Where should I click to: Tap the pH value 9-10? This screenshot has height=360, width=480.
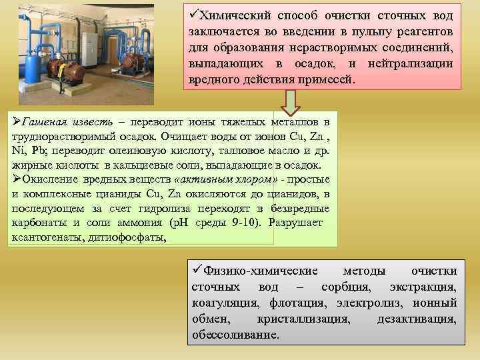247,223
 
